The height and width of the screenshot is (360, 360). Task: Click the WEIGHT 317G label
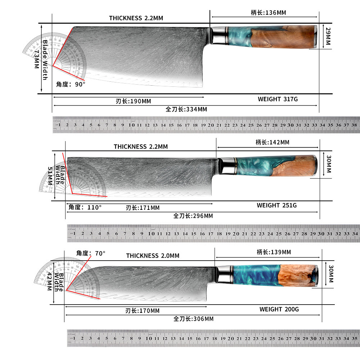tap(278, 99)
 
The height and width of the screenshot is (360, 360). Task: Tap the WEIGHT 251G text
tap(276, 205)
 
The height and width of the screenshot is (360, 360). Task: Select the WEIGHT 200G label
tap(279, 309)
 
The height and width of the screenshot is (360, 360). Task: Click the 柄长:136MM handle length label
tap(268, 13)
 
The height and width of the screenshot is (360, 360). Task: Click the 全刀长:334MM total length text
tap(186, 109)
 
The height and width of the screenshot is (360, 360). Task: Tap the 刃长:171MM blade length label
tap(143, 208)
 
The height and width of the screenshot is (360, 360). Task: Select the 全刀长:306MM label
tap(193, 319)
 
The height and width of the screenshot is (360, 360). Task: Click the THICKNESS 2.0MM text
tap(153, 256)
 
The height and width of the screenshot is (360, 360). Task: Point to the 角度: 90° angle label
tap(71, 84)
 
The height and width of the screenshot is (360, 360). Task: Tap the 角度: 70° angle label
tap(91, 253)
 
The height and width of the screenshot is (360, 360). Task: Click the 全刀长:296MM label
tap(193, 216)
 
